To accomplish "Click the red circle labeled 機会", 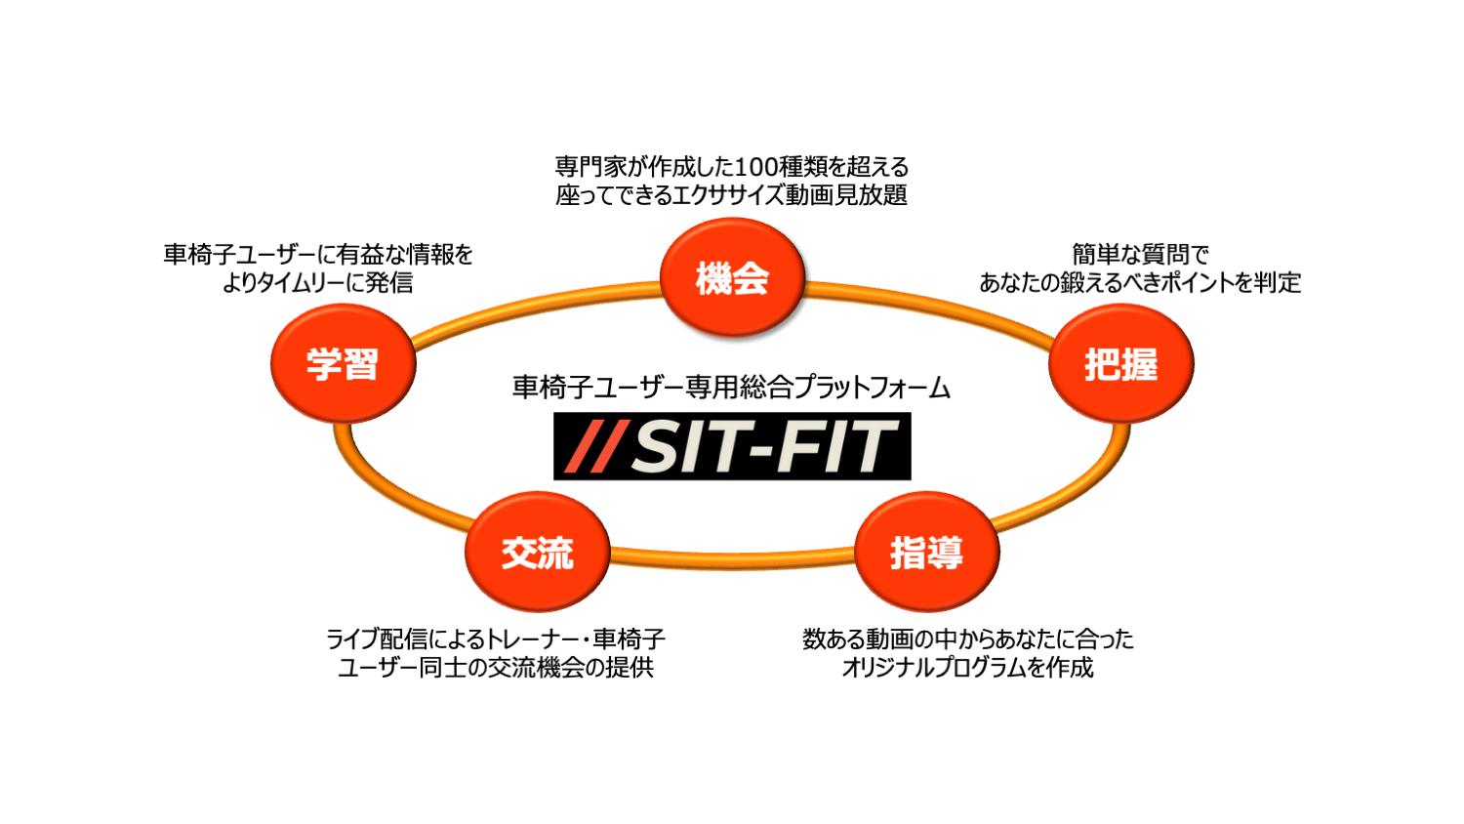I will pyautogui.click(x=732, y=277).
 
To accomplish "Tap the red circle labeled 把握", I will pyautogui.click(x=1120, y=363).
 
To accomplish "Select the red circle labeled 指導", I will pyautogui.click(x=926, y=552).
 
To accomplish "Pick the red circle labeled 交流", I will pyautogui.click(x=537, y=552).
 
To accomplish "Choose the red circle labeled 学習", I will pyautogui.click(x=343, y=363).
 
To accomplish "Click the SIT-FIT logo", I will pyautogui.click(x=732, y=446).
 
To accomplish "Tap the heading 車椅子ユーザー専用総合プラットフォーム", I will pyautogui.click(x=731, y=388).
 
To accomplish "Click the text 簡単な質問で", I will pyautogui.click(x=1140, y=255).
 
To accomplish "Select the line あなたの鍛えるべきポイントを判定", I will pyautogui.click(x=1140, y=283).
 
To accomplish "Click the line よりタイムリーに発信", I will pyautogui.click(x=317, y=283).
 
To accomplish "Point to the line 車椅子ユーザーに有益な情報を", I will pyautogui.click(x=317, y=255).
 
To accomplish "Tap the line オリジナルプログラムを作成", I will pyautogui.click(x=967, y=668).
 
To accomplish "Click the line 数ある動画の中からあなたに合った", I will pyautogui.click(x=967, y=639).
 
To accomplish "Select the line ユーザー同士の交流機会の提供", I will pyautogui.click(x=496, y=668).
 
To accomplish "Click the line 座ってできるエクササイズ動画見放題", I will pyautogui.click(x=731, y=195).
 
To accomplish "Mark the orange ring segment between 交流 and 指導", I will pyautogui.click(x=732, y=558).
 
